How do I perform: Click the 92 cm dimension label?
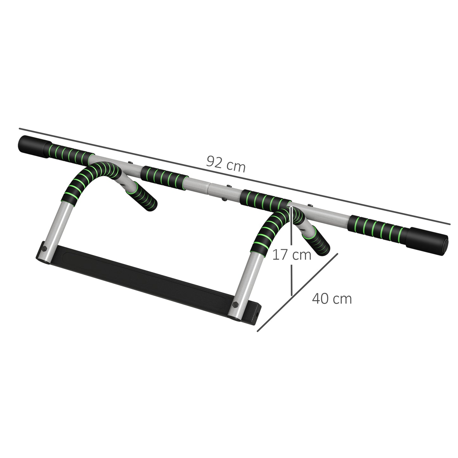coord(226,164)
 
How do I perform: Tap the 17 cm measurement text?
coord(292,255)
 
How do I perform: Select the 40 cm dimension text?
coord(332,299)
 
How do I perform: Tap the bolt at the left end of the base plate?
coord(44,248)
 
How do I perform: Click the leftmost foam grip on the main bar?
coord(70,153)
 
